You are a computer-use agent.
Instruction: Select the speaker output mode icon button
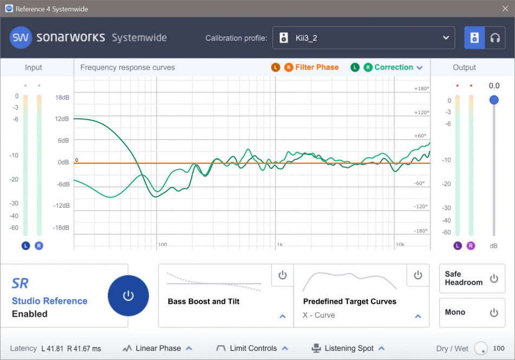474,38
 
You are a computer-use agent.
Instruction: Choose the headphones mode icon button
494,38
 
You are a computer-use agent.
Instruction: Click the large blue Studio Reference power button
128,296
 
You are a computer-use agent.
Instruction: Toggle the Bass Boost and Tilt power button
282,276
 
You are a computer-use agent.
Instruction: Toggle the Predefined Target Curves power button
418,276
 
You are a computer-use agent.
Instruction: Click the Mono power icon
493,312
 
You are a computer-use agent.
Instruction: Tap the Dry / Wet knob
480,349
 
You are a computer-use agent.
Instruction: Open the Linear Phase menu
158,349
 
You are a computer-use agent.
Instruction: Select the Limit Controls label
253,349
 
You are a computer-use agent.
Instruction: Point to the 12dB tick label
62,119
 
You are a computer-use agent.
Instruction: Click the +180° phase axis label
421,89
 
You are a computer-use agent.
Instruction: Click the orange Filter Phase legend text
317,68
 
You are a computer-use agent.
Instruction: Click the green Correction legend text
394,68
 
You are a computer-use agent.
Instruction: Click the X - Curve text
319,316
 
